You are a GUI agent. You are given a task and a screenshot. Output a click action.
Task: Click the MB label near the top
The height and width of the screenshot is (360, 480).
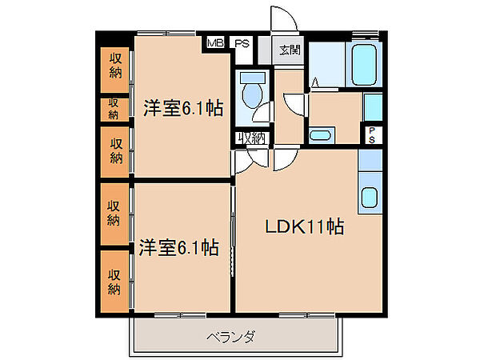[215, 43]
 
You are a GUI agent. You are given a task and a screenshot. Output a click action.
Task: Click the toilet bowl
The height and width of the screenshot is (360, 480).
[252, 94]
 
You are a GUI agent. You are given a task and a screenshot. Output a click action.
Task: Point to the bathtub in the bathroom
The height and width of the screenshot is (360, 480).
[366, 61]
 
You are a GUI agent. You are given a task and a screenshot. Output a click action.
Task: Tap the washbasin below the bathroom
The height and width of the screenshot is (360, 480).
[321, 135]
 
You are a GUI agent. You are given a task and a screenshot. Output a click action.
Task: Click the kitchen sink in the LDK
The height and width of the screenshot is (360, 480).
[370, 197]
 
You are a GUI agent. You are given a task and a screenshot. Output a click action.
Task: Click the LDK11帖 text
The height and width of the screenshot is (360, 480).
[304, 227]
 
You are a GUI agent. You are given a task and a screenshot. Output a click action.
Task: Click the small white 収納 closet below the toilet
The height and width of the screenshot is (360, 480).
[252, 138]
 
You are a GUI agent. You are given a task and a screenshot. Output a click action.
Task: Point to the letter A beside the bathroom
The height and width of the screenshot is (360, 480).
[316, 82]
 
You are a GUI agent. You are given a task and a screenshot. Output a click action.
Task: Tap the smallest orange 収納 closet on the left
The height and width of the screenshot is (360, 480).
[114, 109]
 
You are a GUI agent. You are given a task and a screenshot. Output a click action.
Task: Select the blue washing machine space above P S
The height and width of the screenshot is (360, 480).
[373, 107]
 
